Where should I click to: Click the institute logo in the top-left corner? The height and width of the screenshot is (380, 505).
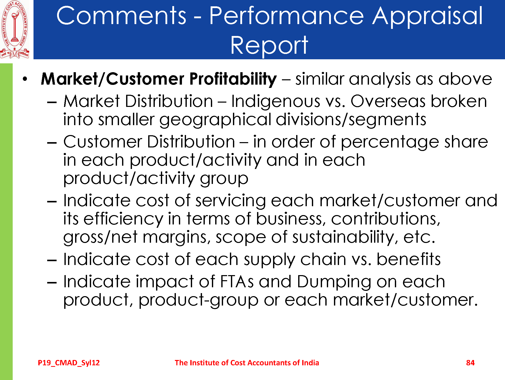pos(15,30)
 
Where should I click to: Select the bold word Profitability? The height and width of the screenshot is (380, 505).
pos(233,79)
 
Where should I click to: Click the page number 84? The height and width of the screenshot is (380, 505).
pos(470,363)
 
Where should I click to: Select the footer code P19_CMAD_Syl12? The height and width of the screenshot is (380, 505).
pos(69,363)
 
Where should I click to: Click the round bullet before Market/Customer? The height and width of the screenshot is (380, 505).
pos(24,79)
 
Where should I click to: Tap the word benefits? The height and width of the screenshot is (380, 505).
pos(409,259)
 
